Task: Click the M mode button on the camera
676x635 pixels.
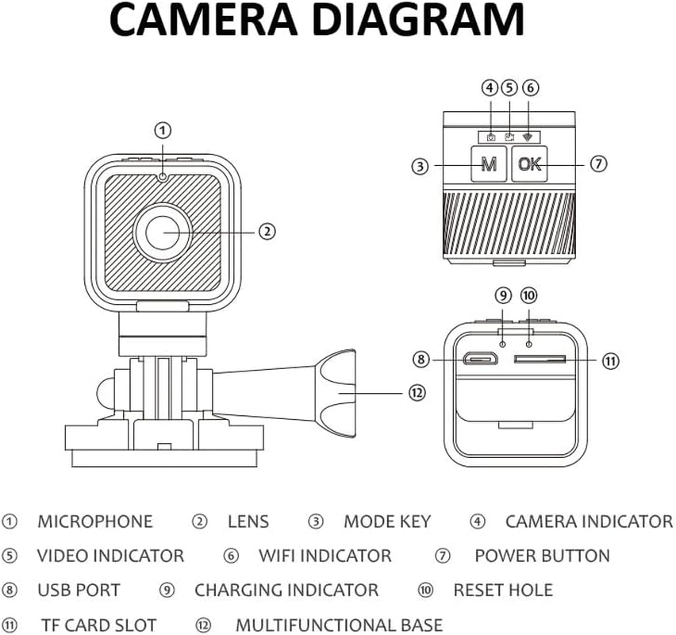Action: [490, 164]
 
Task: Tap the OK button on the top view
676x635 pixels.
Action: [530, 164]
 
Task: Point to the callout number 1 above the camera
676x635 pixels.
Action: [162, 129]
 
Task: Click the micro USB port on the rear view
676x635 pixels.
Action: [481, 360]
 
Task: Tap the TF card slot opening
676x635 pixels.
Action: [540, 360]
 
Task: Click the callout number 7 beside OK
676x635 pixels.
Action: [599, 164]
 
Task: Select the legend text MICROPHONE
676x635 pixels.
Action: [95, 521]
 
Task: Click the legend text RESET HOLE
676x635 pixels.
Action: [503, 590]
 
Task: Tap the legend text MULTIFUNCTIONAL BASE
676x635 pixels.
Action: [339, 625]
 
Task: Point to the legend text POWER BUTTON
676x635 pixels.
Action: [542, 556]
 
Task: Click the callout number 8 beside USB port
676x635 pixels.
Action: [421, 360]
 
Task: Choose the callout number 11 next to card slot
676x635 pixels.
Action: [609, 360]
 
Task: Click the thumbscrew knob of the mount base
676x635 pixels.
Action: [333, 391]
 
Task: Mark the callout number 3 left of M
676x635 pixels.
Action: [421, 166]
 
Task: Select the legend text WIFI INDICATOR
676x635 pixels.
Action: [325, 556]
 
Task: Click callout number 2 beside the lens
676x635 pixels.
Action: [267, 231]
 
